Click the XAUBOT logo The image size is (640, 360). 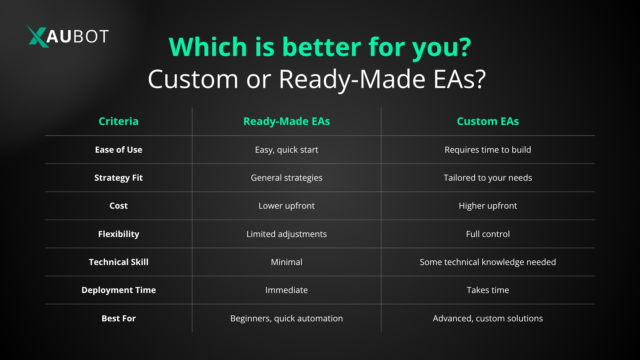tap(68, 36)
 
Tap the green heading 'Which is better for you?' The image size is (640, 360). tap(320, 47)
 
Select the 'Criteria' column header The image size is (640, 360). tap(119, 121)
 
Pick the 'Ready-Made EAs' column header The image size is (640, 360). tap(287, 122)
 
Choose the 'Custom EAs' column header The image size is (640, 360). tap(488, 121)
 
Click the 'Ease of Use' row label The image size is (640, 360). tap(119, 150)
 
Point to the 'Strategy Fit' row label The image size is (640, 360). tap(119, 178)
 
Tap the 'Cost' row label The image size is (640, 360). tap(119, 206)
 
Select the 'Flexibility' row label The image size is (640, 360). tap(119, 234)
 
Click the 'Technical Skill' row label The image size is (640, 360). tap(119, 262)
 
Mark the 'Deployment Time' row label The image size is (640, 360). tap(119, 290)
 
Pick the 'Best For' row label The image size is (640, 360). tap(119, 318)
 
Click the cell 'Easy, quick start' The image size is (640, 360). tap(287, 150)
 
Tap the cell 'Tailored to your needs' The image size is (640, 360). tap(488, 178)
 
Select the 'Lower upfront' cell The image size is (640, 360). tap(287, 206)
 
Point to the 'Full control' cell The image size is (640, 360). tap(488, 234)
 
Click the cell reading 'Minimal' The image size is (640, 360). tap(287, 262)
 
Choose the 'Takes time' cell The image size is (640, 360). tap(488, 290)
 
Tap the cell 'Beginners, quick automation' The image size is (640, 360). tap(287, 319)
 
